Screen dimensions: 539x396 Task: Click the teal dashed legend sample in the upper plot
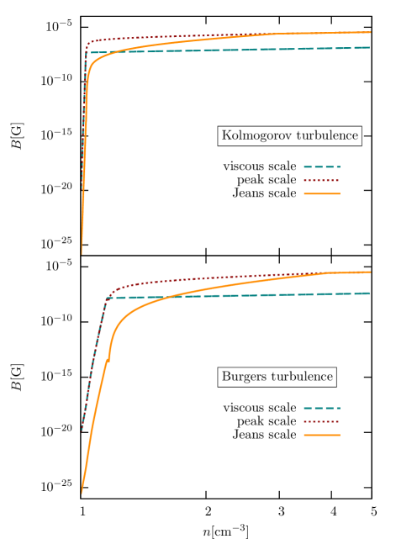pos(321,166)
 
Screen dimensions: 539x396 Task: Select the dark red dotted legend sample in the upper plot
pos(321,180)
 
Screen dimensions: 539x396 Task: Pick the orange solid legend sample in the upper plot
pos(321,193)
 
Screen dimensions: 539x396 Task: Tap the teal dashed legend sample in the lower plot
pos(321,408)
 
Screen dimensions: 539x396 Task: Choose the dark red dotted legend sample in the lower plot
pos(321,421)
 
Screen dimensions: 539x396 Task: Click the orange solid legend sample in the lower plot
pos(321,435)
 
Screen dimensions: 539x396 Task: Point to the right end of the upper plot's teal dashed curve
pos(370,47)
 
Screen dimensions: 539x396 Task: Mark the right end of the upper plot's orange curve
pos(370,32)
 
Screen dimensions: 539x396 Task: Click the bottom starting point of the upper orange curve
pos(82,252)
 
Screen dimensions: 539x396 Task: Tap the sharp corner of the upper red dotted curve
pos(88,41)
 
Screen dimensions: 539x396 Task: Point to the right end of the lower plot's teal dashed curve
pos(370,293)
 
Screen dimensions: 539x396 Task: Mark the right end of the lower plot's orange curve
pos(370,272)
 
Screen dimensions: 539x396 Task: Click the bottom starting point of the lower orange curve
pos(82,493)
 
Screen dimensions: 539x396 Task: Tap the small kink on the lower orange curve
pos(108,359)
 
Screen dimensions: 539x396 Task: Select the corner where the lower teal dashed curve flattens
pos(108,298)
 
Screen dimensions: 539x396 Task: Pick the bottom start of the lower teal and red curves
pos(82,431)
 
